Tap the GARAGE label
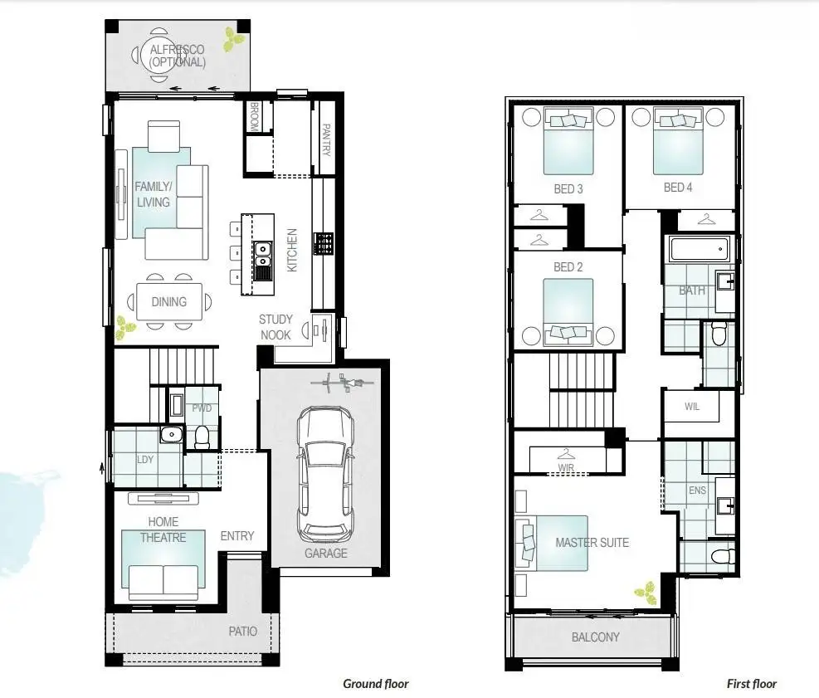pyautogui.click(x=325, y=553)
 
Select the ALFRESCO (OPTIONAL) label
pyautogui.click(x=177, y=56)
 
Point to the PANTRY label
pyautogui.click(x=326, y=140)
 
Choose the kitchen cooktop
pyautogui.click(x=323, y=243)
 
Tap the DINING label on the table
pyautogui.click(x=168, y=302)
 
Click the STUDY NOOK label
pyautogui.click(x=275, y=326)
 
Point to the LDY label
pyautogui.click(x=145, y=459)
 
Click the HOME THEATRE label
pyautogui.click(x=163, y=530)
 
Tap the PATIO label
pyautogui.click(x=242, y=631)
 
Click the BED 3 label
pyautogui.click(x=568, y=189)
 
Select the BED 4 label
pyautogui.click(x=678, y=188)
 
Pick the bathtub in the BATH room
pyautogui.click(x=698, y=248)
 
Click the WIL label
pyautogui.click(x=692, y=408)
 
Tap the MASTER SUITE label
pyautogui.click(x=592, y=542)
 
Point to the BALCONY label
pyautogui.click(x=595, y=637)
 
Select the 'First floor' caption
pyautogui.click(x=752, y=684)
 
